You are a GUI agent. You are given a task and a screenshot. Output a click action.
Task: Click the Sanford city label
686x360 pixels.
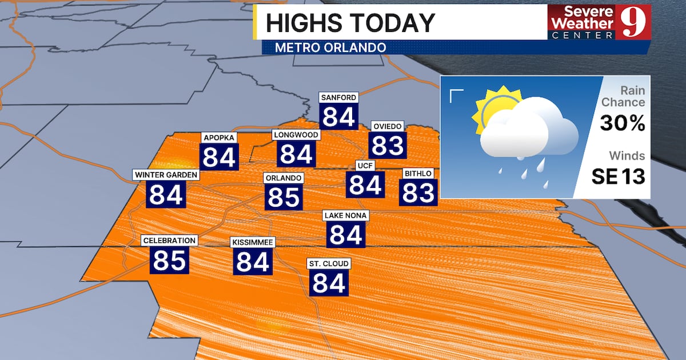(338, 97)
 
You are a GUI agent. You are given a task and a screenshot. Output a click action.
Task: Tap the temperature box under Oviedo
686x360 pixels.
(388, 145)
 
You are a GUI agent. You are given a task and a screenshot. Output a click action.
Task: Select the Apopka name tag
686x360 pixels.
(219, 138)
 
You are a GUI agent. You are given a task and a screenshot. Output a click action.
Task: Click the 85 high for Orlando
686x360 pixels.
(284, 197)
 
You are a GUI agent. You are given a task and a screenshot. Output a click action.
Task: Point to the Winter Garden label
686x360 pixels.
(166, 174)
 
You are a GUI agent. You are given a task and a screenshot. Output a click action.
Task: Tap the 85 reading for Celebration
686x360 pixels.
(170, 260)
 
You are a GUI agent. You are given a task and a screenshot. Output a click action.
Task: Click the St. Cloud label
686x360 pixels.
(329, 263)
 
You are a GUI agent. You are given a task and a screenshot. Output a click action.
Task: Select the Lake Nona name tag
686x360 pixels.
(346, 215)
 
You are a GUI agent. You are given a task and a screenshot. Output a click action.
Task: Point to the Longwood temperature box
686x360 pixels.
(296, 154)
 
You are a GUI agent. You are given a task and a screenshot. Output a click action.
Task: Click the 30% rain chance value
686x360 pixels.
(623, 123)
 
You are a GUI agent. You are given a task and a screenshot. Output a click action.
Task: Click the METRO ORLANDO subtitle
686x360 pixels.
(330, 47)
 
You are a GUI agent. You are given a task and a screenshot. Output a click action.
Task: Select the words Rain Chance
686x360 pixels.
(625, 97)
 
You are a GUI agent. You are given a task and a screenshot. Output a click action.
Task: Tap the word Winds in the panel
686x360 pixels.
(627, 155)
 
